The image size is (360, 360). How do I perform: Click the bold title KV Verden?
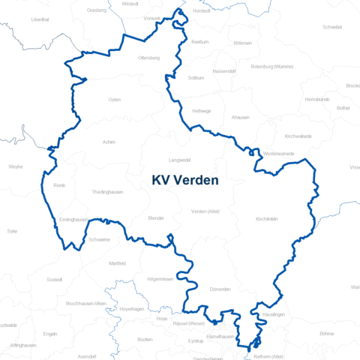click(x=185, y=180)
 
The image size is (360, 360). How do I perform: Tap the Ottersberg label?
click(x=149, y=58)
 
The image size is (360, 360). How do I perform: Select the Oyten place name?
click(x=114, y=99)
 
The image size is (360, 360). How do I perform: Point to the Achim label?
click(x=109, y=141)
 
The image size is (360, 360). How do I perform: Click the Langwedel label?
click(x=180, y=160)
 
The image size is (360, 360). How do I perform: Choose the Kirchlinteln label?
click(x=267, y=219)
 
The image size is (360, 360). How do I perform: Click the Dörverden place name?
click(x=220, y=289)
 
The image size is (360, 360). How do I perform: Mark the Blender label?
click(x=156, y=217)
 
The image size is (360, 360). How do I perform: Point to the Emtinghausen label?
click(x=73, y=220)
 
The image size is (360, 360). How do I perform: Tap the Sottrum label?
click(x=196, y=78)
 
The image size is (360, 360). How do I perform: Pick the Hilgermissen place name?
click(x=160, y=279)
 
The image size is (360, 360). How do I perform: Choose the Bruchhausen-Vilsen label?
click(x=87, y=302)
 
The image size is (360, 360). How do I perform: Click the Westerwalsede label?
click(x=279, y=154)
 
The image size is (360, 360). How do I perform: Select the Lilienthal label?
click(x=40, y=19)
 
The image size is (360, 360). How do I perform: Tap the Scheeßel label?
click(x=332, y=27)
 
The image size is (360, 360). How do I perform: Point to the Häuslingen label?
click(x=274, y=314)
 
